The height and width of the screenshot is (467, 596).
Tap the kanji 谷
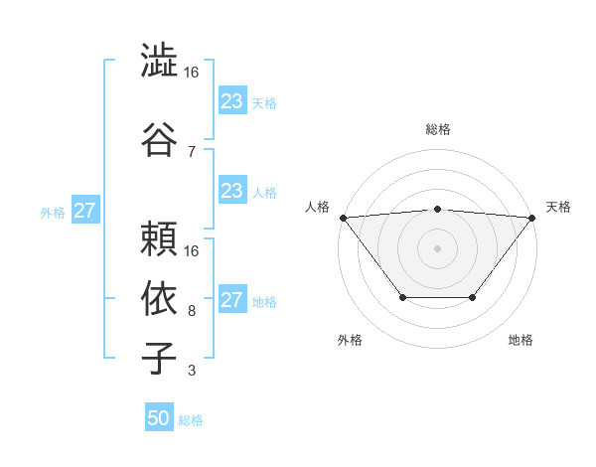point(160,136)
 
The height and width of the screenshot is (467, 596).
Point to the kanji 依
point(160,296)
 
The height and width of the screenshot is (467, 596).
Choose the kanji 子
point(160,357)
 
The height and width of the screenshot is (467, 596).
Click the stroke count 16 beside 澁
point(192,74)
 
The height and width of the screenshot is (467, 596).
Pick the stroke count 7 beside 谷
point(192,151)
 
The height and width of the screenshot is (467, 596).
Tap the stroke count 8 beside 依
point(192,311)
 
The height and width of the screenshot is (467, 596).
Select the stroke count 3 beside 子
point(192,372)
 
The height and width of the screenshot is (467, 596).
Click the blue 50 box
point(159,418)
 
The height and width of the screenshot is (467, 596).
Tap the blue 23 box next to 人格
point(231,191)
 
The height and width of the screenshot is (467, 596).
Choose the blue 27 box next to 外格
point(85,211)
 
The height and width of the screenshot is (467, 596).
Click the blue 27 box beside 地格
point(231,300)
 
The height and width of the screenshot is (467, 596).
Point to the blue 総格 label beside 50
point(191,420)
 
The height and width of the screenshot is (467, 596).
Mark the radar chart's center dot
point(437,247)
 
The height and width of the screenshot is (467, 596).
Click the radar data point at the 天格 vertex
point(532,218)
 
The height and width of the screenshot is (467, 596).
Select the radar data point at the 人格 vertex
point(343,218)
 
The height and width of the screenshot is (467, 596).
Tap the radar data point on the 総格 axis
point(437,209)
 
